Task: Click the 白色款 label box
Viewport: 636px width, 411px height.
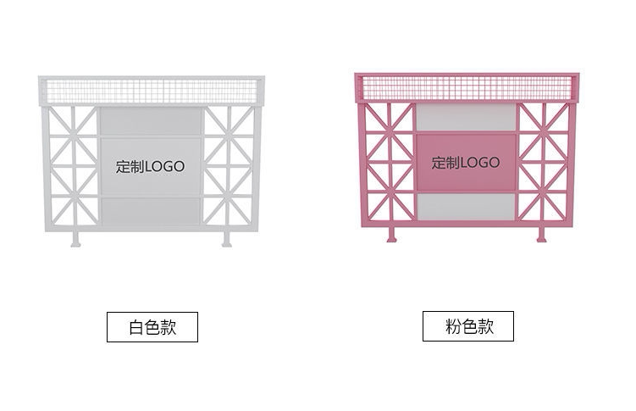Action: click(152, 327)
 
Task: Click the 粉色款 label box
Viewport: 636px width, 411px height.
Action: click(468, 326)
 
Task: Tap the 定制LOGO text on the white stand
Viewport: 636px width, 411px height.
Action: click(150, 167)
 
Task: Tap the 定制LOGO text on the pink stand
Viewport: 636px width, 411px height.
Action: click(466, 163)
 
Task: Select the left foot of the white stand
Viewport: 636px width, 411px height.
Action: click(76, 238)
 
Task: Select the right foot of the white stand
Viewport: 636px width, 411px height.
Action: click(227, 238)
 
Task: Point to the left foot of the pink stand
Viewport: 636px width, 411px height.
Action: click(391, 234)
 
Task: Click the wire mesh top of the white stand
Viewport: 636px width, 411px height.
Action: click(151, 90)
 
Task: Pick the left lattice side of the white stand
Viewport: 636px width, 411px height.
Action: click(73, 165)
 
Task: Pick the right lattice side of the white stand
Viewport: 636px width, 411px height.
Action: click(229, 165)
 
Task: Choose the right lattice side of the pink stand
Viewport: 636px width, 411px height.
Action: click(544, 161)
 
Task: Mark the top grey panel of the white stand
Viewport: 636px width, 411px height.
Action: click(151, 121)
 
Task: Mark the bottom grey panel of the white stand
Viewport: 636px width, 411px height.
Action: click(151, 211)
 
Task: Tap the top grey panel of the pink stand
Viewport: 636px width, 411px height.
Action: click(466, 117)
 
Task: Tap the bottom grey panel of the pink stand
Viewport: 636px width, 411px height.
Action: click(466, 206)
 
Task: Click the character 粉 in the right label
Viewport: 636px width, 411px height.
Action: click(453, 326)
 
